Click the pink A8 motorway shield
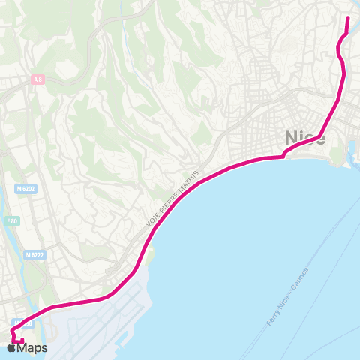pyautogui.click(x=37, y=79)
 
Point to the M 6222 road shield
pyautogui.click(x=33, y=255)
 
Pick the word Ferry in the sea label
pyautogui.click(x=273, y=318)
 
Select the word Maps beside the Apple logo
pyautogui.click(x=33, y=347)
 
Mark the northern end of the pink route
pyautogui.click(x=348, y=18)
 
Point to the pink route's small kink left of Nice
pyautogui.click(x=283, y=156)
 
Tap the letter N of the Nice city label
pyautogui.click(x=291, y=138)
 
